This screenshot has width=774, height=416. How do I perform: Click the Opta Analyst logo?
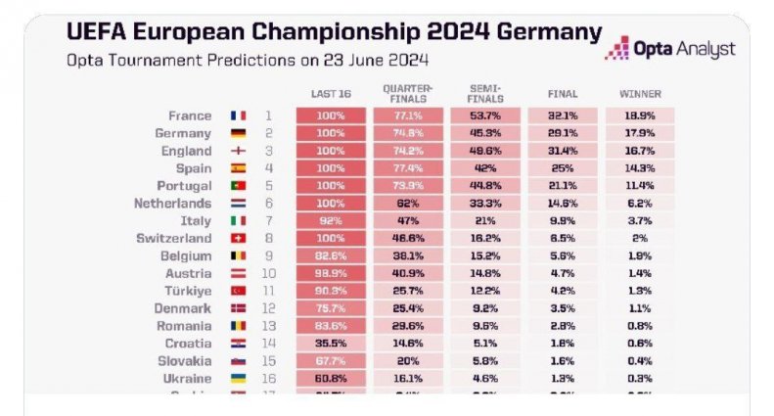click(x=669, y=47)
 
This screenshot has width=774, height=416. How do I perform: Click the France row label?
click(x=189, y=116)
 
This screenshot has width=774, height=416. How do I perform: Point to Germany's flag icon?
click(x=238, y=133)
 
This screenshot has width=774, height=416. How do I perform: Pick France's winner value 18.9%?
click(x=640, y=116)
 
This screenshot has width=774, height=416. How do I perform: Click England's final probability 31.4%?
click(x=563, y=151)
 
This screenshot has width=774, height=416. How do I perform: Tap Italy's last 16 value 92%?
click(x=332, y=221)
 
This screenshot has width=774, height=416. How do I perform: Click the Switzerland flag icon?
click(x=238, y=239)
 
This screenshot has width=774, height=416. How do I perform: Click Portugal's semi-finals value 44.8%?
click(x=485, y=186)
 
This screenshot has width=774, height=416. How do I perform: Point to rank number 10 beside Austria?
click(x=268, y=274)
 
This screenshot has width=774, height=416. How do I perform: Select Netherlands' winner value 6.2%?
click(x=640, y=204)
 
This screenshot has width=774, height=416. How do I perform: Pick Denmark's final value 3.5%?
click(x=563, y=309)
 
